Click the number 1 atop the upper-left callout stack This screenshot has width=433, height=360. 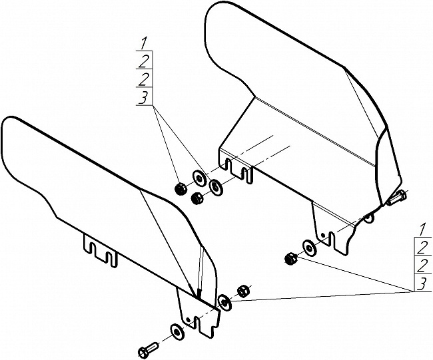coord(143,44)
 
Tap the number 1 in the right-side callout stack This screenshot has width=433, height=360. coord(422,230)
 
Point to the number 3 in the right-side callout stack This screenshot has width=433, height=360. coord(422,284)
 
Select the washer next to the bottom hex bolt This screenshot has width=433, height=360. coord(176,331)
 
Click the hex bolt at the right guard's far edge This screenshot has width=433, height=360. coord(396,198)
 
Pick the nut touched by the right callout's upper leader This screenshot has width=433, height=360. coord(290,259)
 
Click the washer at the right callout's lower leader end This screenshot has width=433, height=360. coord(224,302)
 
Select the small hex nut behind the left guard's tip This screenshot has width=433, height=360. coord(243,291)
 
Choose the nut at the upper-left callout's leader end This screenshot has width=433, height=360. coord(181,189)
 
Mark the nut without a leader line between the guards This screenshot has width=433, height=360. coord(197,198)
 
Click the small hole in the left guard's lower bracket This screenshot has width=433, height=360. coord(188,319)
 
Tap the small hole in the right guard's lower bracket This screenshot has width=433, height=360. coord(323,235)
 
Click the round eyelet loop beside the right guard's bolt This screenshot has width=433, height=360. coord(368,218)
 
